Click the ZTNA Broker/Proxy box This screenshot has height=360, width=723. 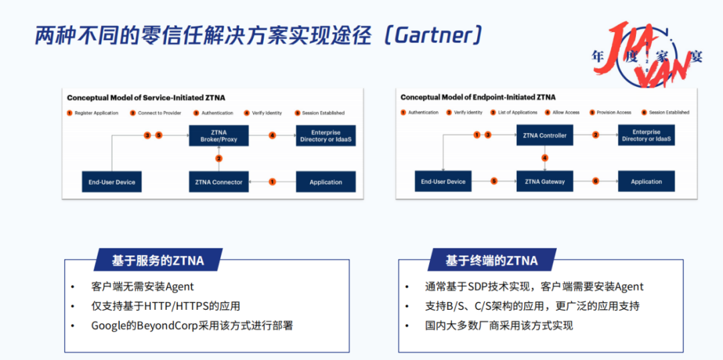tap(218, 136)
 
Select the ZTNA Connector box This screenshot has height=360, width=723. tap(218, 182)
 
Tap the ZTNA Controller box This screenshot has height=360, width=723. tap(544, 135)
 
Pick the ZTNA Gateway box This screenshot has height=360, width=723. tap(544, 181)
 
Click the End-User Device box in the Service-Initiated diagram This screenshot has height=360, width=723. tap(111, 182)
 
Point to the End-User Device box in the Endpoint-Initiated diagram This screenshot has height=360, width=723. tap(443, 181)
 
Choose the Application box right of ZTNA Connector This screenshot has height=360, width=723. tap(326, 182)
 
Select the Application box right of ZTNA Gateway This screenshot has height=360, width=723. tap(646, 181)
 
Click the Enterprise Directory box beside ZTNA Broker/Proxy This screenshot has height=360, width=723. tap(326, 136)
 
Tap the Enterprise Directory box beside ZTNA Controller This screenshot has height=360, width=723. tap(646, 135)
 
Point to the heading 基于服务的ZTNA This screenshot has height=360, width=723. tap(158, 260)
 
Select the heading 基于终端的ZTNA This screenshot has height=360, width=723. tap(491, 260)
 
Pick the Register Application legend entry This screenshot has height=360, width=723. tap(93, 113)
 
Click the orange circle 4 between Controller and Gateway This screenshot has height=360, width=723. tap(545, 159)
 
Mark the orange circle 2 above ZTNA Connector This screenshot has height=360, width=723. tap(218, 159)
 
